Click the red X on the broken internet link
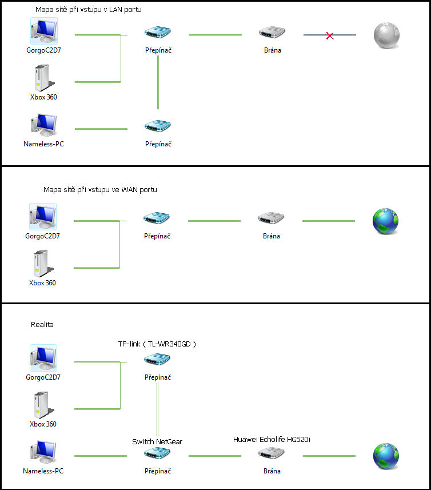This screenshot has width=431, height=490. (x=330, y=35)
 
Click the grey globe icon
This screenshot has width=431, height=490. (x=385, y=35)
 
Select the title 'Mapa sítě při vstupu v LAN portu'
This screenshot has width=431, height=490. (x=89, y=10)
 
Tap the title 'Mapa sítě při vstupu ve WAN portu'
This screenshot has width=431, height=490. (x=100, y=189)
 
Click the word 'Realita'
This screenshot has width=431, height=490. (x=42, y=324)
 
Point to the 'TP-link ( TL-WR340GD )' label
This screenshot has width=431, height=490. (x=157, y=344)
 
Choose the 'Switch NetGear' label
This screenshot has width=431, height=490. (x=157, y=441)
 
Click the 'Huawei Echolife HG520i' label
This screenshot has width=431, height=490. (x=272, y=439)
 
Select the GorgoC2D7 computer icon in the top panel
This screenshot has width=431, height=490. (x=44, y=31)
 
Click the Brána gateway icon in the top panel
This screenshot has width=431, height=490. (x=272, y=33)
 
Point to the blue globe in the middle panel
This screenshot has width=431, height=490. (x=385, y=221)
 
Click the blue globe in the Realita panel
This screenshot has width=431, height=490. (x=385, y=456)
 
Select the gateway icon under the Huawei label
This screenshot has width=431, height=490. (x=272, y=455)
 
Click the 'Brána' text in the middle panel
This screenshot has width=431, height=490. (x=272, y=236)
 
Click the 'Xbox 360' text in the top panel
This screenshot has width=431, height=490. (x=43, y=97)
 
